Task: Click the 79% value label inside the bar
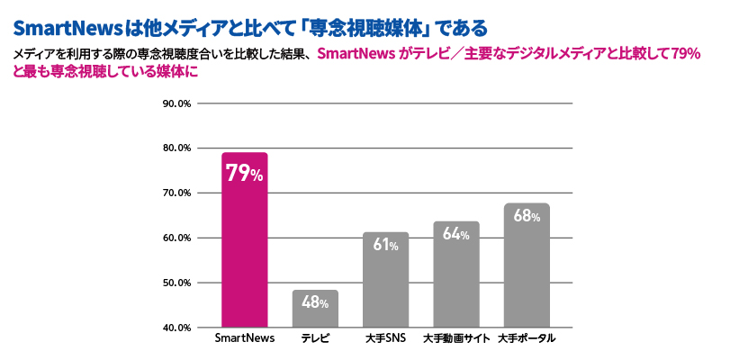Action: [244, 174]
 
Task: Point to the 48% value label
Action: [315, 303]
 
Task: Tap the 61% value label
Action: [385, 245]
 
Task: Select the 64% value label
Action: [456, 234]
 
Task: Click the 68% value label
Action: [527, 216]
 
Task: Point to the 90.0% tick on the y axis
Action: [176, 103]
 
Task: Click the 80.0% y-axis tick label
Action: [176, 148]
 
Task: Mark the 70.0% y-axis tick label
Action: [176, 193]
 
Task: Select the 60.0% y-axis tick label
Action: [176, 238]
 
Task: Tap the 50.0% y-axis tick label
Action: [176, 283]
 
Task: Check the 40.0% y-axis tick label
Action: [176, 328]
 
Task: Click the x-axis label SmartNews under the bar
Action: [244, 339]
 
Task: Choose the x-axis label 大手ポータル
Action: [527, 339]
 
